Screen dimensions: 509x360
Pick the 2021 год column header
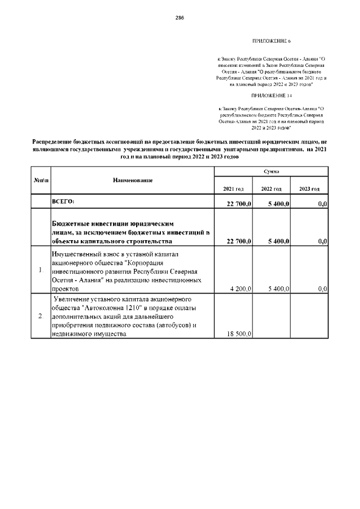coord(233,188)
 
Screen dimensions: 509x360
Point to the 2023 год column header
coord(309,188)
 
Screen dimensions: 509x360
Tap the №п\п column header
coord(40,180)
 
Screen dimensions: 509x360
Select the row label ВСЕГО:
coord(64,201)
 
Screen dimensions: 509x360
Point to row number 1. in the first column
coord(41,271)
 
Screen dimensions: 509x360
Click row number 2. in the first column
coord(41,316)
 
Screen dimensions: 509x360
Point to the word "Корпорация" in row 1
coord(127,262)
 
